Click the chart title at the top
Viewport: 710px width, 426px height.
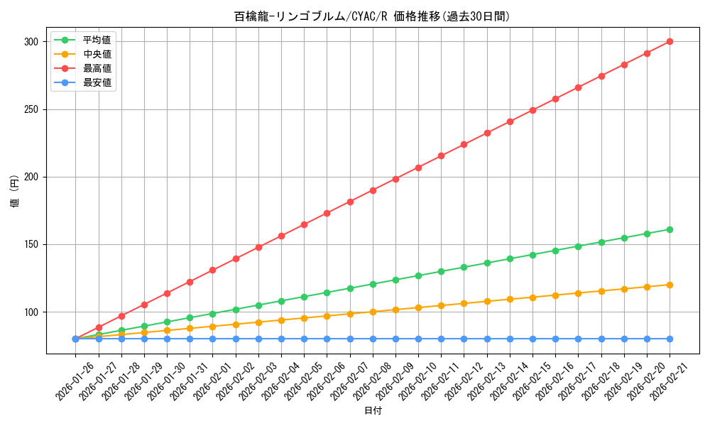tap(372, 16)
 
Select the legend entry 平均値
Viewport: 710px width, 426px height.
tap(97, 40)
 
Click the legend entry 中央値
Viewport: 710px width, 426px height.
tap(97, 54)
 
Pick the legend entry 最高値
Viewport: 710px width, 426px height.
tap(97, 68)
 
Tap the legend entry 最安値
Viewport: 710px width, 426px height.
tap(97, 82)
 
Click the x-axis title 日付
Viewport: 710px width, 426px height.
tap(373, 411)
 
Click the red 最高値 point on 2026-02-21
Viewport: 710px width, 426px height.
tap(670, 41)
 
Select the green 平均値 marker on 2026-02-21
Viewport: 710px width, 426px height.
tap(670, 229)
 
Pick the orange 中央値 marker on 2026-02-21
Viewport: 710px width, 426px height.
tap(670, 285)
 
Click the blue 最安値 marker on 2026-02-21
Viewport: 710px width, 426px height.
tap(670, 339)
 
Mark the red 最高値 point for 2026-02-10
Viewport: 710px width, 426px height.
tap(418, 168)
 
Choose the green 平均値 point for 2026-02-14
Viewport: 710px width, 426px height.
tap(510, 258)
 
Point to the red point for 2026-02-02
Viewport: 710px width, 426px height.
tap(236, 258)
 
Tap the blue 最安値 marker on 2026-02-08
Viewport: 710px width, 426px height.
tap(373, 339)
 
